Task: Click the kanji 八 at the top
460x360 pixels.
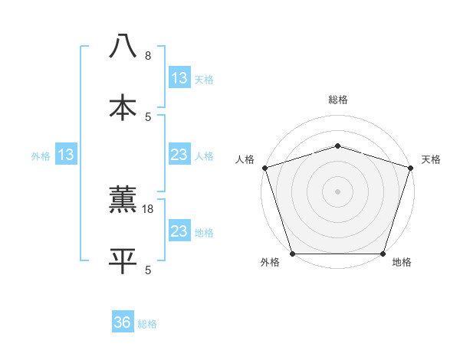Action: [x=123, y=46]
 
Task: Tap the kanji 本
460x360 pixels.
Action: [x=123, y=106]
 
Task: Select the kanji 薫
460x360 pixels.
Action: [x=123, y=199]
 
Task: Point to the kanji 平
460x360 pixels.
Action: [x=123, y=260]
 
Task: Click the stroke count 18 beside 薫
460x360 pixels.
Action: [x=149, y=209]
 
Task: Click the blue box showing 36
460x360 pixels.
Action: [x=123, y=322]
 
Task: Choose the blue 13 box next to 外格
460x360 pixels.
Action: [x=66, y=155]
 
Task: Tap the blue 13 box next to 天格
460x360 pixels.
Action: [x=179, y=78]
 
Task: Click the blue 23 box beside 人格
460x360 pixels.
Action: [x=179, y=155]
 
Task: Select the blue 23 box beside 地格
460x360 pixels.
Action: [x=179, y=231]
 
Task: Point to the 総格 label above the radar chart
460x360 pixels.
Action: [x=337, y=100]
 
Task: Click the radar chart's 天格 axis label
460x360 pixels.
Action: [x=432, y=159]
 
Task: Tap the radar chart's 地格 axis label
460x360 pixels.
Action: [x=401, y=263]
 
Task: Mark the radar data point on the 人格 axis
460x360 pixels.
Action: [x=264, y=168]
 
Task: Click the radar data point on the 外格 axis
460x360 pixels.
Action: [x=293, y=254]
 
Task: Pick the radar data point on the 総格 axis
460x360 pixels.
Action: [x=337, y=146]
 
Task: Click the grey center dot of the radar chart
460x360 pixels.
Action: [x=337, y=191]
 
